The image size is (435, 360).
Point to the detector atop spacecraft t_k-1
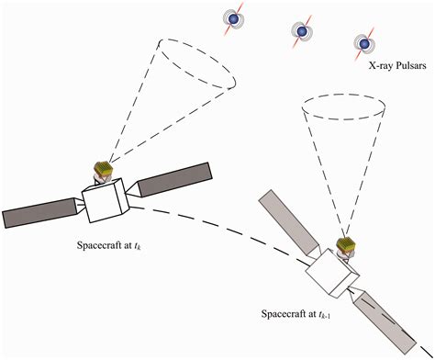(x=346, y=247)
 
